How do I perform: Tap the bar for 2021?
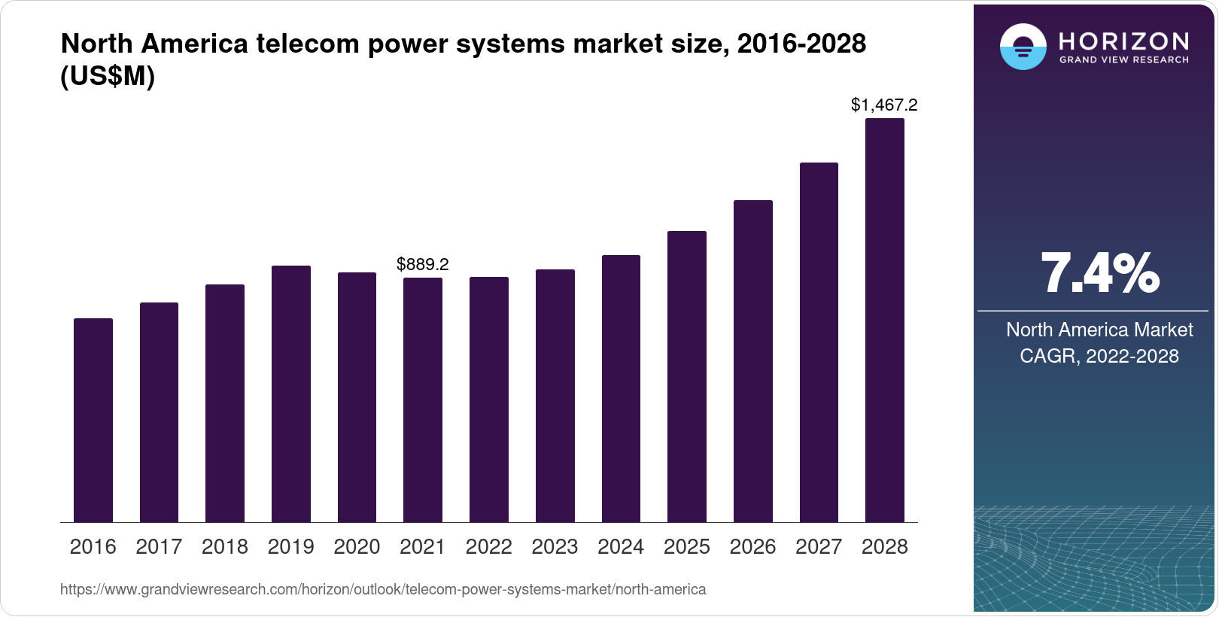423,400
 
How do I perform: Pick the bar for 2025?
687,376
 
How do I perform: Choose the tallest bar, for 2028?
885,320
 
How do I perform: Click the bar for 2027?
819,342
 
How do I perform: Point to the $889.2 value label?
423,264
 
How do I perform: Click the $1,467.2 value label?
884,105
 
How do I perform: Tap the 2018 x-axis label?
225,547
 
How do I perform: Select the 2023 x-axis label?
555,547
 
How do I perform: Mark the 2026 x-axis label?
752,547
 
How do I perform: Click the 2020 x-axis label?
357,547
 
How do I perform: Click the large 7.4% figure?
1099,274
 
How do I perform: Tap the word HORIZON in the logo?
1124,41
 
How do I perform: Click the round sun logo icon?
1023,47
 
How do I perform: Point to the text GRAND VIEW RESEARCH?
1124,60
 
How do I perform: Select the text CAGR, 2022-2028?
1099,356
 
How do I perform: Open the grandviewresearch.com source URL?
383,590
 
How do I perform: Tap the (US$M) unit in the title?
108,77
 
